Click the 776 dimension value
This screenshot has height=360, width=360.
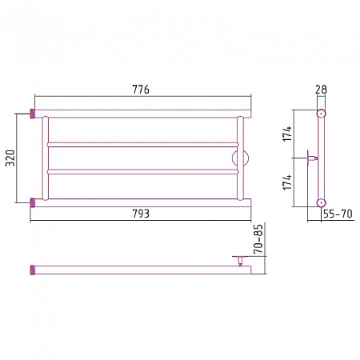[x=141, y=90]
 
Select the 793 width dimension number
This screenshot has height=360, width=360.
[x=141, y=214]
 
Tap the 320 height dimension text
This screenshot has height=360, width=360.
[x=10, y=158]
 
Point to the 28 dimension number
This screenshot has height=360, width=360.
[x=321, y=90]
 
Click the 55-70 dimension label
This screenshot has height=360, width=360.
[x=338, y=214]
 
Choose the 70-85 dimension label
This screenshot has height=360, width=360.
[x=258, y=239]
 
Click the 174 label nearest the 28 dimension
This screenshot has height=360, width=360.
[x=287, y=134]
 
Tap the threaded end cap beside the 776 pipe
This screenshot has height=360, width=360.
[x=33, y=114]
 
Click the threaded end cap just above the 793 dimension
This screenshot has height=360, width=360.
[x=33, y=202]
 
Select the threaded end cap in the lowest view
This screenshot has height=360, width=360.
[x=33, y=270]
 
